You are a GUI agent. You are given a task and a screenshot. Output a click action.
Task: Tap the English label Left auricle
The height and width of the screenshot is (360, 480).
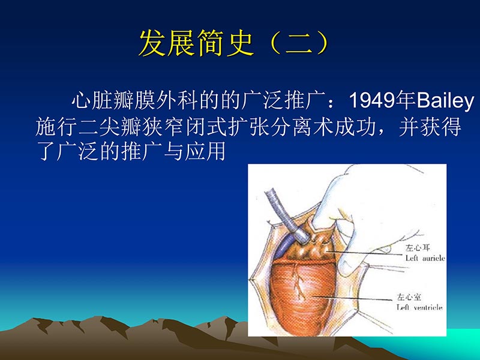[424, 259]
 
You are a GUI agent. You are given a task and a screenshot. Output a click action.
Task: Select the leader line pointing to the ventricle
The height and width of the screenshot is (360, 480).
[354, 298]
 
